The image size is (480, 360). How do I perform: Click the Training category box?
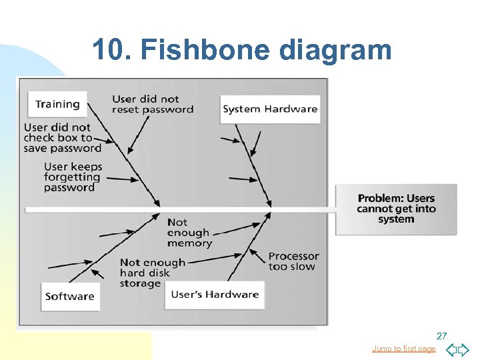pos(57,104)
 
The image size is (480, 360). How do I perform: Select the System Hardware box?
pos(270,109)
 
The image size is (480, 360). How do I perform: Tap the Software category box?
pos(70,297)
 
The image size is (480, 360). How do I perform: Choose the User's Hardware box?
pos(215,295)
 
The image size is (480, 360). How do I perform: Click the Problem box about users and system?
pos(396,209)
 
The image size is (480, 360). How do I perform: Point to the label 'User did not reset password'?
pos(153,104)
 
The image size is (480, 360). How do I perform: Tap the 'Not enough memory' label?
pos(189,233)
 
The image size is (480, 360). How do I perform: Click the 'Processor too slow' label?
pos(293,261)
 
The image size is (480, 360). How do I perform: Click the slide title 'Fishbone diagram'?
pos(267,50)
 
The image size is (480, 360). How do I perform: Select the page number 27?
pos(441,335)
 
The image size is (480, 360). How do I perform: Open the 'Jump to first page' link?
pos(403,349)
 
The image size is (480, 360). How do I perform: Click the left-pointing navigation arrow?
pos(451,349)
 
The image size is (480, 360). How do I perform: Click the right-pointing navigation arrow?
pos(464,349)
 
